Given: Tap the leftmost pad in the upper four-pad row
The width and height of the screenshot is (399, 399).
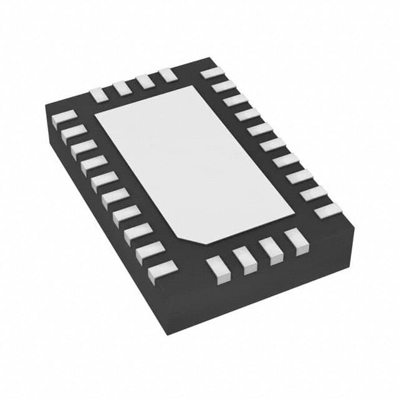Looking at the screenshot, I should click(x=99, y=94).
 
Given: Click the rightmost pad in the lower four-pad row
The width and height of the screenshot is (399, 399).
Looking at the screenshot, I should click(x=293, y=238).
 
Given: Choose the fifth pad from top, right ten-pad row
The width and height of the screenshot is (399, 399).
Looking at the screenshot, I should click(x=259, y=130).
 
